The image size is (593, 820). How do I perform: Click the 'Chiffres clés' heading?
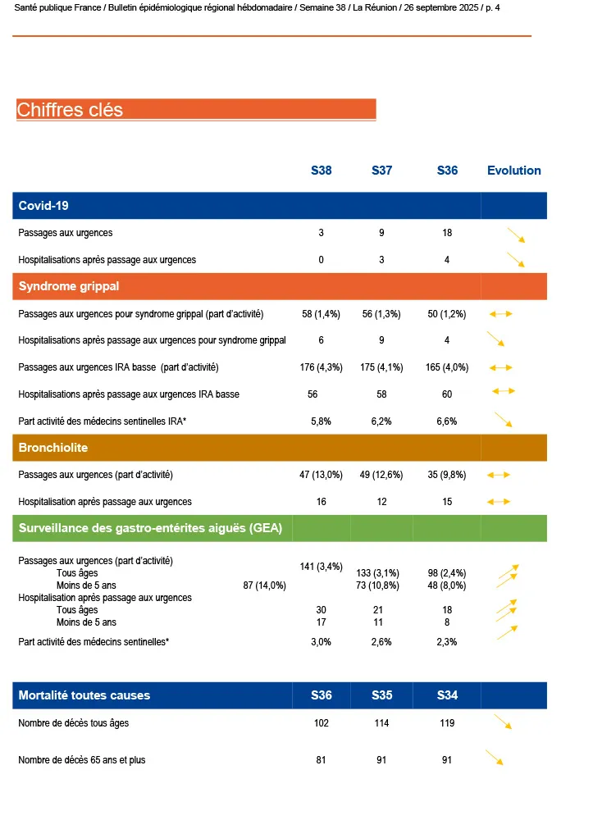pos(70,110)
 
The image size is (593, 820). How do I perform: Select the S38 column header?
pos(321,171)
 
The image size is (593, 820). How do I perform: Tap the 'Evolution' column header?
pos(513,171)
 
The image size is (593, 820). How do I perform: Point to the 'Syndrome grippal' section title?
pos(69,286)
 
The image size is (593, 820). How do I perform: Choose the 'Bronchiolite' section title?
pos(53,448)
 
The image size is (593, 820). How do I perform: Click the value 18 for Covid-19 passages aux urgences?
pos(447,233)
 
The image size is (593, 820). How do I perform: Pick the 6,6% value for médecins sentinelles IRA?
pos(447,421)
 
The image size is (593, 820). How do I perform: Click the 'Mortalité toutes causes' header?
pos(84,695)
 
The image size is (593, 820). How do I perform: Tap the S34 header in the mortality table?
pos(447,695)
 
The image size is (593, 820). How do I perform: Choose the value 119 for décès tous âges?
pos(447,723)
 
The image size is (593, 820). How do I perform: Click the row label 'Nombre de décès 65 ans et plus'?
pos(81,760)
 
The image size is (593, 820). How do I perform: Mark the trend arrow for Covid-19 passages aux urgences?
pos(515,235)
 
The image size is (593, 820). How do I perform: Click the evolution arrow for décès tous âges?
pos(502,722)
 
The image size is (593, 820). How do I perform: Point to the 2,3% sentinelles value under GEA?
pos(447,642)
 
